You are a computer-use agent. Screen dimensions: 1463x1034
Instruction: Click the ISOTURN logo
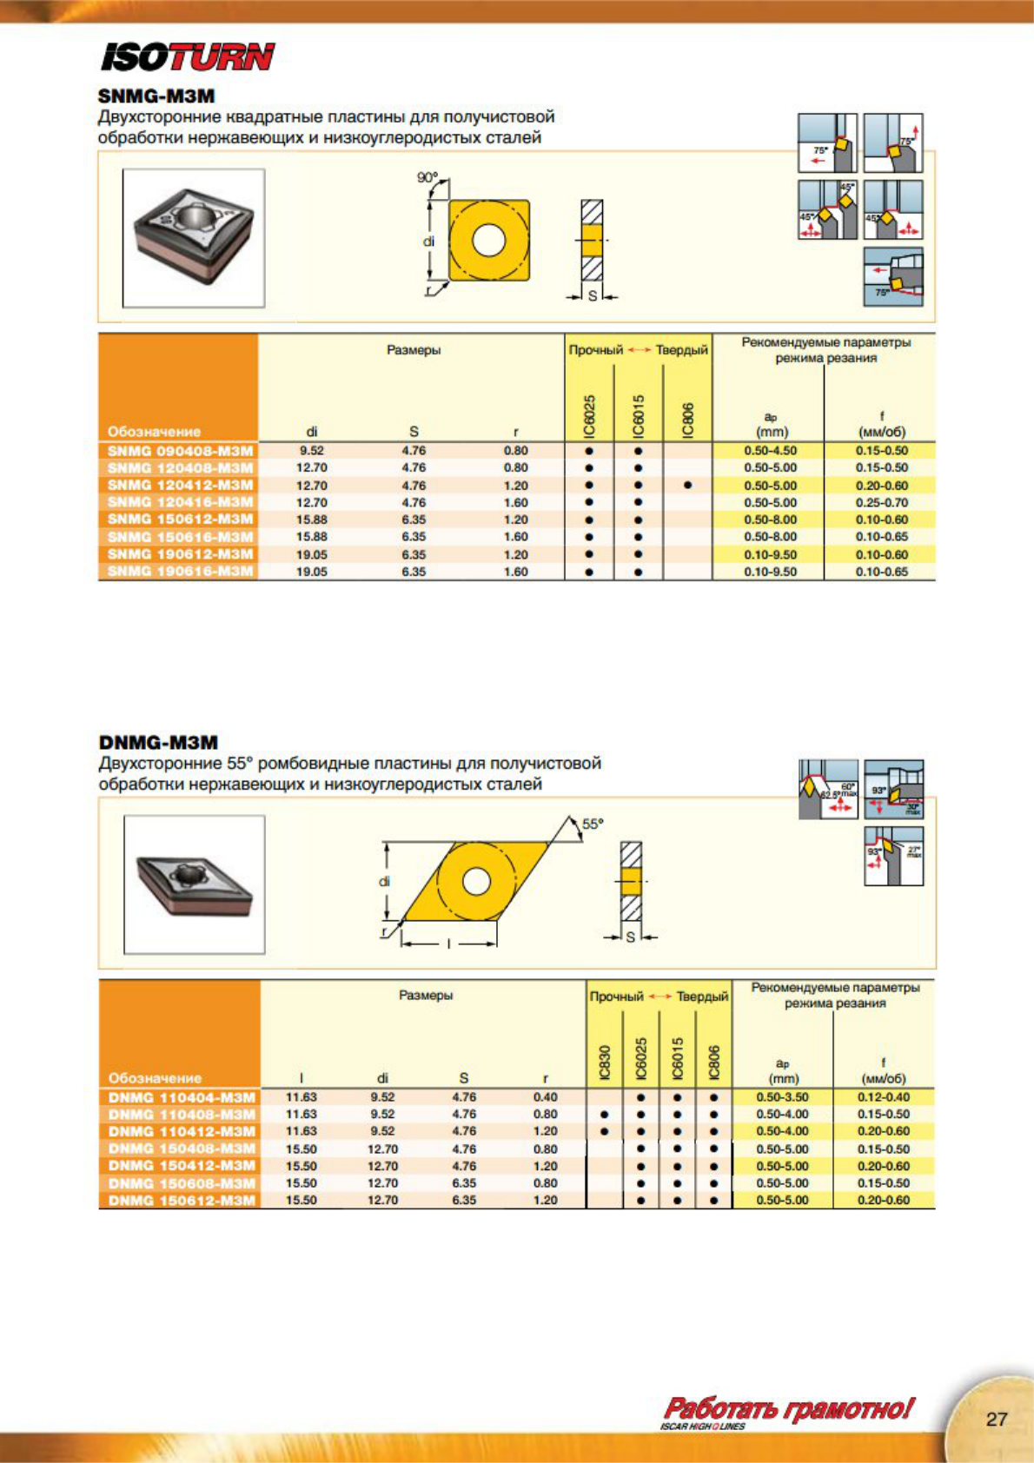click(x=188, y=57)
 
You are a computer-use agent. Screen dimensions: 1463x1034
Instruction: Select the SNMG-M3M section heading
click(x=156, y=96)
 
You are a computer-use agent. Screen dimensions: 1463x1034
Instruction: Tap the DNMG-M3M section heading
click(x=158, y=742)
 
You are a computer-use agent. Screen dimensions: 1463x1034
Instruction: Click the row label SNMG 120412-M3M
click(x=180, y=485)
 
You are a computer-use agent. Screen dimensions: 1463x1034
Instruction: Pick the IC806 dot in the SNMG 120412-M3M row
click(x=687, y=485)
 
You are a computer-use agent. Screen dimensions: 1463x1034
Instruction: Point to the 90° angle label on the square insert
click(x=427, y=177)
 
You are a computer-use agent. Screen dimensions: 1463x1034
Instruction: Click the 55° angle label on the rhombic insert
click(x=592, y=824)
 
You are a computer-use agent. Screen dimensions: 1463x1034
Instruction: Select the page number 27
click(x=997, y=1419)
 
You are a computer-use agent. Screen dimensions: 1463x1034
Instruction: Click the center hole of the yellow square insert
click(x=488, y=241)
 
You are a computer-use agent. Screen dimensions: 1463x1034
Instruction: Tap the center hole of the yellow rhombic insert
click(x=475, y=881)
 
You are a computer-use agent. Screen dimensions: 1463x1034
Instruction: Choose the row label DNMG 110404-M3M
click(x=182, y=1097)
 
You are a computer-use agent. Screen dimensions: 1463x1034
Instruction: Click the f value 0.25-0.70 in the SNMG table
click(x=881, y=502)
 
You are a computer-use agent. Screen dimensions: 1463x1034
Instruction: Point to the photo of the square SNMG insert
click(x=194, y=237)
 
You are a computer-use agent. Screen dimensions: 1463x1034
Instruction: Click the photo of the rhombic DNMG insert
click(x=194, y=884)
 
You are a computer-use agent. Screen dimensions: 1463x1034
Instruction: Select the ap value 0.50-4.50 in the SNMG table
click(x=770, y=451)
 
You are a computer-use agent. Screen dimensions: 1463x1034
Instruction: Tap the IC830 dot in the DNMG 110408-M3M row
click(x=605, y=1114)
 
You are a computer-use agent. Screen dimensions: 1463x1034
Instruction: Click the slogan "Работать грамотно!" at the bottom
click(x=789, y=1408)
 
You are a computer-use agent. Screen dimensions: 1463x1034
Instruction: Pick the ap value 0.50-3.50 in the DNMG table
click(x=782, y=1097)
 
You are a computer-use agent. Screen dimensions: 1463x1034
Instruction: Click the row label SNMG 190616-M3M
click(x=180, y=571)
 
